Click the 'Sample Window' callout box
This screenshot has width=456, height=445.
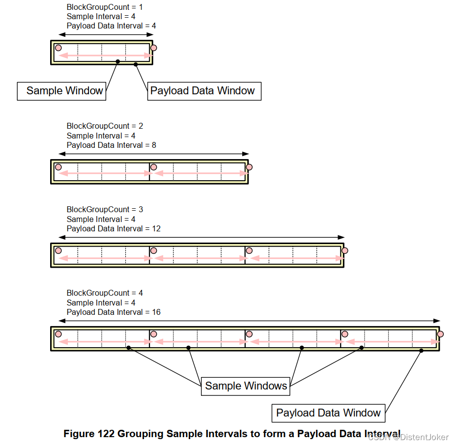[x=61, y=91]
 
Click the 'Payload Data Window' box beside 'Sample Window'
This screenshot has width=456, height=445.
[x=204, y=91]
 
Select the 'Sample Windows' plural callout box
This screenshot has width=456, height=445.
[x=246, y=386]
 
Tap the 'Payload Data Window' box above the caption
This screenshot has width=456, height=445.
[x=328, y=413]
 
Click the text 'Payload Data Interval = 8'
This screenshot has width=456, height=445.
[x=112, y=145]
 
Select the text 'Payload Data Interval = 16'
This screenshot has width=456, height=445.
[x=114, y=312]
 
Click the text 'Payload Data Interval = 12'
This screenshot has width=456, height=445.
[x=114, y=228]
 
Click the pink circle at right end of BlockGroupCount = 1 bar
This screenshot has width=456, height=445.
[x=154, y=48]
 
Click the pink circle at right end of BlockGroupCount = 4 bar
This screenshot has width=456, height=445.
[x=440, y=334]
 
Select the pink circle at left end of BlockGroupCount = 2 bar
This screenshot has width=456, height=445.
[x=58, y=167]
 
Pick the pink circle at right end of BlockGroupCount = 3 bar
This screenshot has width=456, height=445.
[x=344, y=250]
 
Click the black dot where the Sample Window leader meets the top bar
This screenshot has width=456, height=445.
[x=118, y=61]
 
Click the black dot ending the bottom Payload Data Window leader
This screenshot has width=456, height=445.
[x=422, y=351]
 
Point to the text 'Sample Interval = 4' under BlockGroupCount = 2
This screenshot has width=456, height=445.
[x=101, y=136]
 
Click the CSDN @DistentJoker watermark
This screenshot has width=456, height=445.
[x=408, y=437]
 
